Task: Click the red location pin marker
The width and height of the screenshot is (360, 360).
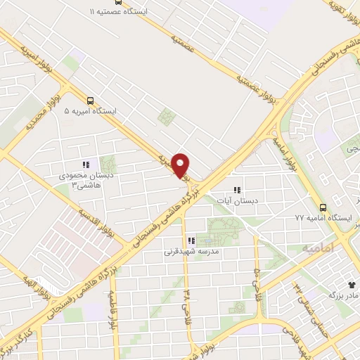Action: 181,165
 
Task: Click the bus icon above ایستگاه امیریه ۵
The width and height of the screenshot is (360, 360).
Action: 90,101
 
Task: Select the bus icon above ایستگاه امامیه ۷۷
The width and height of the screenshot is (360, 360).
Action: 323,207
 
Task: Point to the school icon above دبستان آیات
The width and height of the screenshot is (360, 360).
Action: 237,190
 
